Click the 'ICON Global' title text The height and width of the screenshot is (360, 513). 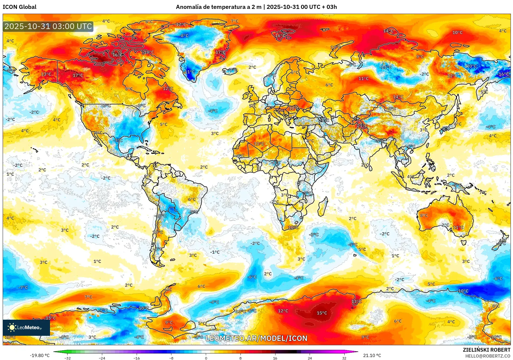[x=20, y=7]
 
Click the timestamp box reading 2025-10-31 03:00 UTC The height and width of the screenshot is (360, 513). [x=48, y=26]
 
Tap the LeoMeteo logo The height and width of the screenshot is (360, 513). [x=26, y=327]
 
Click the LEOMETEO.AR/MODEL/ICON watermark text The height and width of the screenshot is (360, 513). [x=256, y=338]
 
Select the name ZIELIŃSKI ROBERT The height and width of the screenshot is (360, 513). [x=486, y=350]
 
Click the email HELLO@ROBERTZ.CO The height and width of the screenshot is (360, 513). [x=487, y=356]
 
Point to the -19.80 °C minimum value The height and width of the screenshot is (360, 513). [x=40, y=355]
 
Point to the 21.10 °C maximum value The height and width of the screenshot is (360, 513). [x=372, y=355]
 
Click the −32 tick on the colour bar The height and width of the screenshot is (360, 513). [x=68, y=358]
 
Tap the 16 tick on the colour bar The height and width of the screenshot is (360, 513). [x=275, y=358]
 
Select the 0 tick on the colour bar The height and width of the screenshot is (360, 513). [x=206, y=358]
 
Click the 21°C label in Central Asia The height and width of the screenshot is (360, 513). [x=362, y=126]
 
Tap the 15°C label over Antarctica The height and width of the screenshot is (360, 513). [x=322, y=313]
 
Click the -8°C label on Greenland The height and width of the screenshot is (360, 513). [x=184, y=35]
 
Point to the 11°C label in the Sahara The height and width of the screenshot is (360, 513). [x=259, y=144]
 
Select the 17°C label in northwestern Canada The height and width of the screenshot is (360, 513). [x=78, y=75]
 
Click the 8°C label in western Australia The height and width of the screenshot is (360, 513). [x=424, y=215]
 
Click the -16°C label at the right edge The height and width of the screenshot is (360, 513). [x=503, y=74]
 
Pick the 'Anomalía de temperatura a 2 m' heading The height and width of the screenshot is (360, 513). [x=218, y=7]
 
